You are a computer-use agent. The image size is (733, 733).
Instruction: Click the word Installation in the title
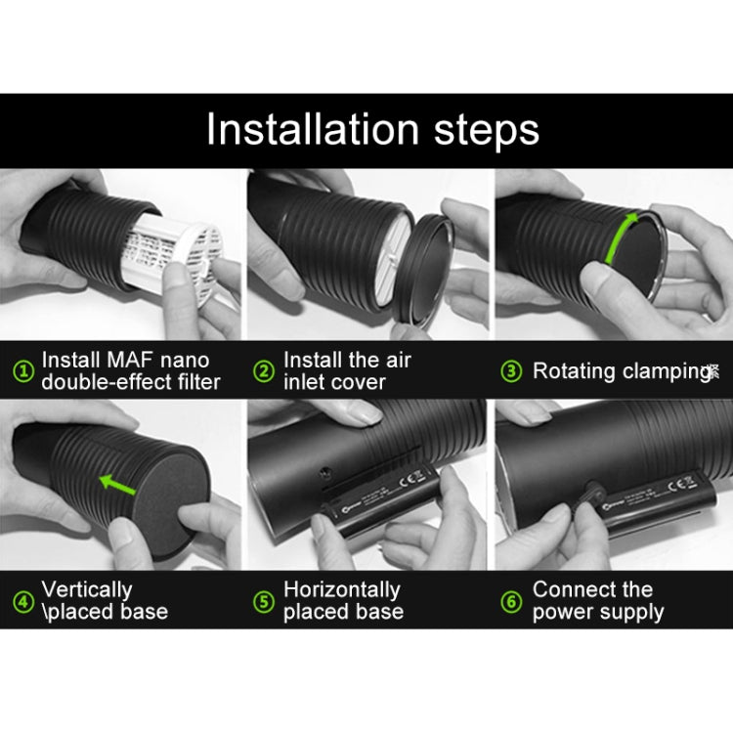(x=311, y=130)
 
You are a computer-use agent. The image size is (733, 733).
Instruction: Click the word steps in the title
(x=482, y=130)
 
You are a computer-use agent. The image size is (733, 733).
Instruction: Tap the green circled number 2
(x=264, y=371)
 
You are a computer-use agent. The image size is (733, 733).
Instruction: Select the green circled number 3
(x=511, y=371)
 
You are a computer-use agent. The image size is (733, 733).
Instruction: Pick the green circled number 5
(x=264, y=601)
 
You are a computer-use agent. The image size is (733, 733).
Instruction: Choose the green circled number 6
(x=511, y=601)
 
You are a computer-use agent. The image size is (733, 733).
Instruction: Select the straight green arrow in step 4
(x=119, y=481)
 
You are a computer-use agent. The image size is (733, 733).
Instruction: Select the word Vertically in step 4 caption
(x=86, y=590)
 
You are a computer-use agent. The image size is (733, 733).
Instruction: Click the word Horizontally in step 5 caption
(x=341, y=590)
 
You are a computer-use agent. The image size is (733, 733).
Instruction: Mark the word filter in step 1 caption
(x=194, y=382)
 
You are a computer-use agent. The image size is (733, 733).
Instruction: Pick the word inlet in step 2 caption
(x=306, y=382)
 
